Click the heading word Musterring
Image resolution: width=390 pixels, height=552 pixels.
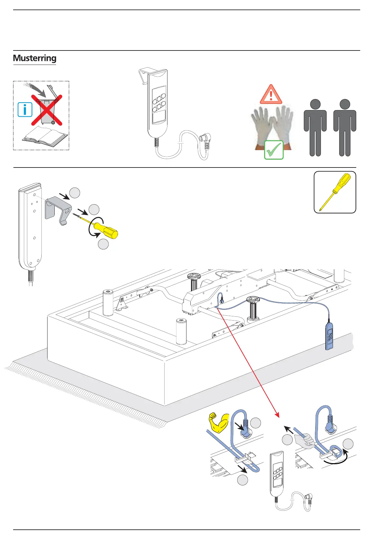click(34, 58)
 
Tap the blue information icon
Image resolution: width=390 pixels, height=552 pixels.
click(25, 109)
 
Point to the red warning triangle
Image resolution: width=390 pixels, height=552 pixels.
click(271, 95)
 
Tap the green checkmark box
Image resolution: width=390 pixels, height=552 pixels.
click(274, 150)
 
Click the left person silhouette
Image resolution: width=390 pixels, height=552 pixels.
click(315, 128)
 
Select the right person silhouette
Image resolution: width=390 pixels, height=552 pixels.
click(345, 128)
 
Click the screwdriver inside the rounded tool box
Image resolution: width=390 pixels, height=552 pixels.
click(335, 191)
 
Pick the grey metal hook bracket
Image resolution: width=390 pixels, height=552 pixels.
click(58, 210)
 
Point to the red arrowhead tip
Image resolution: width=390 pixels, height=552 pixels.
click(278, 416)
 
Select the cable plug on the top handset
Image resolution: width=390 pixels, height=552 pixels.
click(207, 140)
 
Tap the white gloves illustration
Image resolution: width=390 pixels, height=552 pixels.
click(272, 126)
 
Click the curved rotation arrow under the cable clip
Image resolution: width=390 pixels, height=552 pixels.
click(334, 460)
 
